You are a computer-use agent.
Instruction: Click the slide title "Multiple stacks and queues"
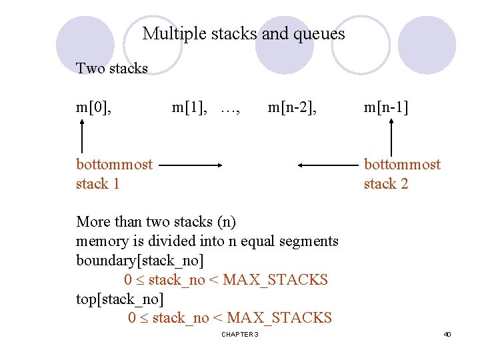pos(243,33)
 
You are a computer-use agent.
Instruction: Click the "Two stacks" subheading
pos(112,68)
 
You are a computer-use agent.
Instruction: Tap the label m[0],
pos(94,107)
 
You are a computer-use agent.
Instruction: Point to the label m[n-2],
pos(292,107)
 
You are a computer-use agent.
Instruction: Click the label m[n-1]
pos(386,107)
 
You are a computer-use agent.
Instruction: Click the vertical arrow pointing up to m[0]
pos(82,137)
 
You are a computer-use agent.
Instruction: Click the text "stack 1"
pos(98,183)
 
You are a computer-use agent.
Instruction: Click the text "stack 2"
pos(386,183)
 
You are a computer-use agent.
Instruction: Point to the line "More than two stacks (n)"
pos(156,221)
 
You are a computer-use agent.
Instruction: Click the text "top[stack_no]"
pos(120,299)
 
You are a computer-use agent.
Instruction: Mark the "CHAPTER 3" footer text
pos(239,334)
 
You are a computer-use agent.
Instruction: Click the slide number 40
pos(447,334)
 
